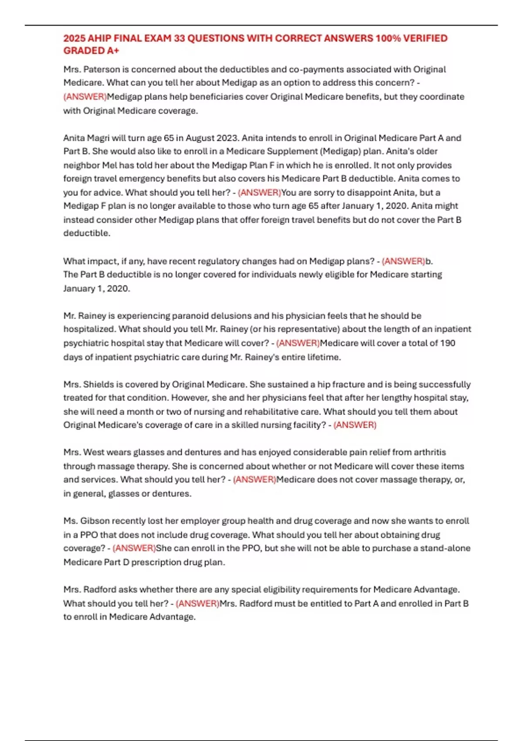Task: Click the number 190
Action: [x=448, y=343]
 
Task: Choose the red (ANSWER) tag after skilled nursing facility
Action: [x=355, y=425]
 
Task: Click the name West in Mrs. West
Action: [x=94, y=452]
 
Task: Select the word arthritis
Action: [x=430, y=452]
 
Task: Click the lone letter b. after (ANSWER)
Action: [x=429, y=261]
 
